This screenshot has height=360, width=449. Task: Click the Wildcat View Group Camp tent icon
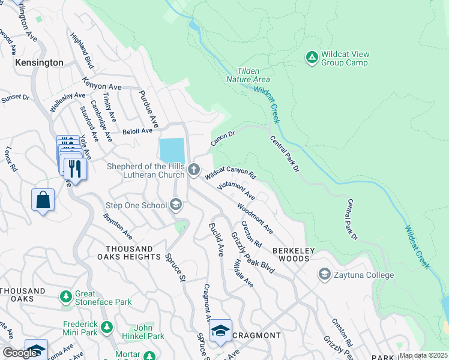(312, 57)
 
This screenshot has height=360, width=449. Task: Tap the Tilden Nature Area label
(248, 75)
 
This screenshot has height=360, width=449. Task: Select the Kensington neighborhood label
(40, 62)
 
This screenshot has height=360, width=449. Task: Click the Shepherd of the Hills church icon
(194, 170)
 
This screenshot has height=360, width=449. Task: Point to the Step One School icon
(176, 206)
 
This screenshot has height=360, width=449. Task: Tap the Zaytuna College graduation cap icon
(325, 275)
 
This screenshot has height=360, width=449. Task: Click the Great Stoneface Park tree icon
(65, 297)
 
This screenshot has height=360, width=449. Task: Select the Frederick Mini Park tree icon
(107, 328)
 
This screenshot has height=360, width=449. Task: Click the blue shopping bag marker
(43, 200)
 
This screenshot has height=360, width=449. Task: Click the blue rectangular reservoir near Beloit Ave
(172, 150)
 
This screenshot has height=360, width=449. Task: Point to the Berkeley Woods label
(291, 254)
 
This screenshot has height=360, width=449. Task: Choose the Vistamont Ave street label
(236, 191)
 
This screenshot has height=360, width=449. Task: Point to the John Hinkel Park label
(148, 332)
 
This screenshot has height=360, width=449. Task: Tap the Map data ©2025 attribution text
(423, 355)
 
